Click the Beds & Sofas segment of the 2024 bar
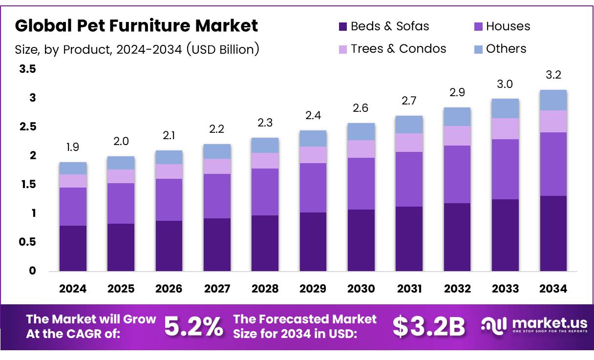[73, 248]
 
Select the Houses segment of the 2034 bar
[553, 164]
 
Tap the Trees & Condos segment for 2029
[313, 155]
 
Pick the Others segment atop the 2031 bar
[409, 125]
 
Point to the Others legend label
[506, 49]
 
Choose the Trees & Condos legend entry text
[398, 49]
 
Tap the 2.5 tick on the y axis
[27, 127]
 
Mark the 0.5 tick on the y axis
[27, 242]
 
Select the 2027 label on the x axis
[217, 289]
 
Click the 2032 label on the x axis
[457, 289]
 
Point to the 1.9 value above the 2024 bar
[73, 147]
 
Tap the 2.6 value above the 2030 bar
[361, 108]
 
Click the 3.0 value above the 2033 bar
[505, 84]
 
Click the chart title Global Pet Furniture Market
[136, 25]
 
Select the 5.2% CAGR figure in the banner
[193, 327]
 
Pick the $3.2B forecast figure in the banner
[429, 327]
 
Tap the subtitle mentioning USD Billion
[137, 49]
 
